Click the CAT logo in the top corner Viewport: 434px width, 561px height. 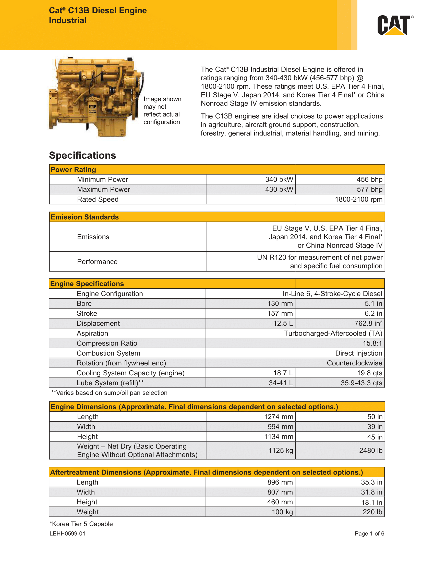[x=395, y=25]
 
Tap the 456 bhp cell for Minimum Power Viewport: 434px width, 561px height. [x=369, y=179]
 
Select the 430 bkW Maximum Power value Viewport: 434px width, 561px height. [x=279, y=189]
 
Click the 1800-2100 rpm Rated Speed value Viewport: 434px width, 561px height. [x=358, y=199]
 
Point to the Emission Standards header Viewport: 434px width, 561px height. [x=85, y=217]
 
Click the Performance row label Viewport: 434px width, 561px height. [x=97, y=261]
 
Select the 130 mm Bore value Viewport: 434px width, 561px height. [x=280, y=303]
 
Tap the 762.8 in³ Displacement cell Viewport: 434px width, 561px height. [x=368, y=323]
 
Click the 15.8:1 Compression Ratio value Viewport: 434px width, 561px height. [x=372, y=343]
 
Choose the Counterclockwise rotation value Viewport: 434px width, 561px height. [x=354, y=363]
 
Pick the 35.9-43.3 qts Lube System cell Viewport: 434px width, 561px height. [x=361, y=383]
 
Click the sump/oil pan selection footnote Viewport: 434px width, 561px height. [x=109, y=393]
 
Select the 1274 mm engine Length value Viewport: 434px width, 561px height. [x=279, y=417]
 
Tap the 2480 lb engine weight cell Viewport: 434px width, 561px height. [x=370, y=451]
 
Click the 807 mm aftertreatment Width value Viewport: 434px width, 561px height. [x=280, y=492]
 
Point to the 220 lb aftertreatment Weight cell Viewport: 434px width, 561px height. [x=372, y=512]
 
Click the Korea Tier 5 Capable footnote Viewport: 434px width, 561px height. [x=81, y=524]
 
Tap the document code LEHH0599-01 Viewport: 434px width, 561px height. [x=67, y=533]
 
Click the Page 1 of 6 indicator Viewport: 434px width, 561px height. [x=369, y=533]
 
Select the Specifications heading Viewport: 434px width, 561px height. [x=82, y=155]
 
